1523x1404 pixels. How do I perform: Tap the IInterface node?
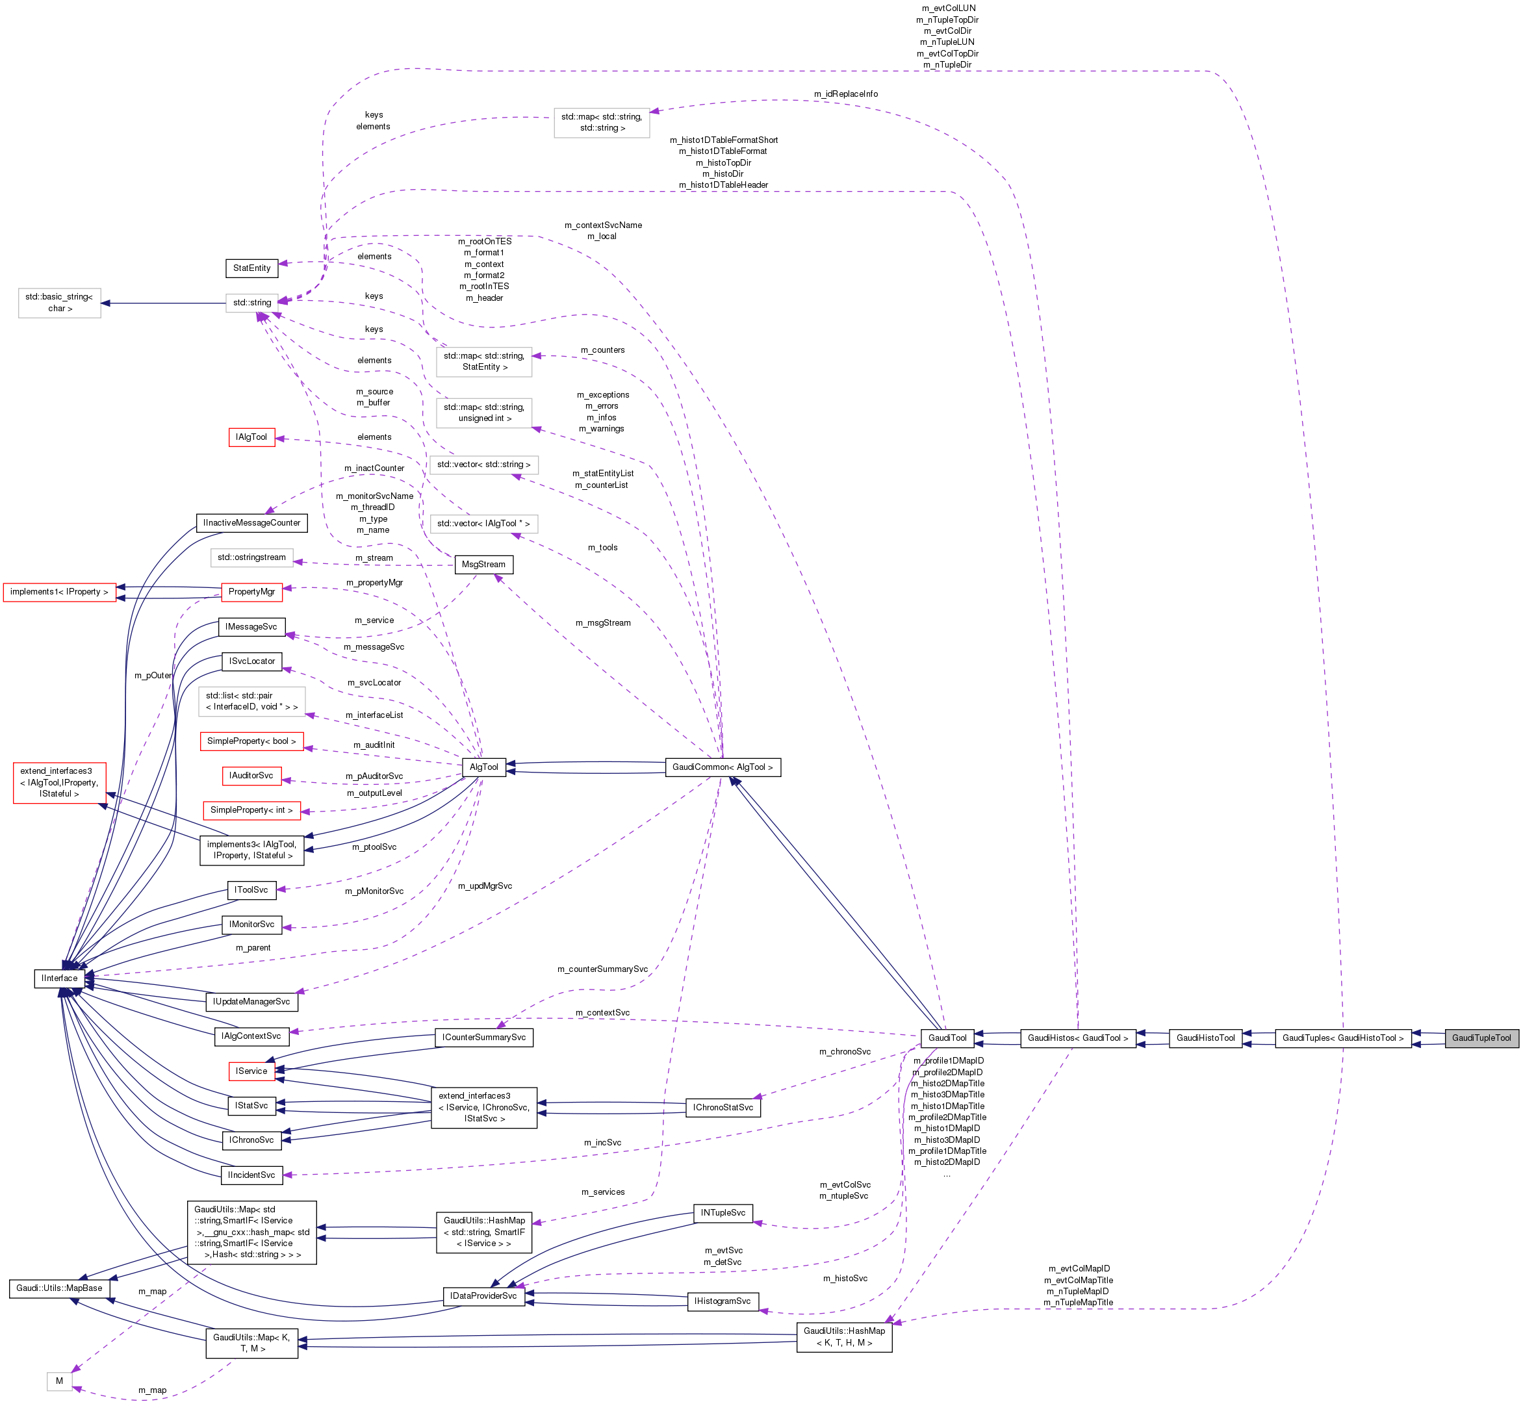[59, 978]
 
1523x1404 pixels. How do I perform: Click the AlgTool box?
[484, 767]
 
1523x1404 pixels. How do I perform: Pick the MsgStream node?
[483, 565]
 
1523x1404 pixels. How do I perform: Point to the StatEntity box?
[251, 268]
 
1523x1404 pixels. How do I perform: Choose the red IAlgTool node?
[251, 438]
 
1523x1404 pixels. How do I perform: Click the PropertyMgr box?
[251, 592]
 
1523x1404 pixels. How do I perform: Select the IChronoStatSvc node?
[723, 1108]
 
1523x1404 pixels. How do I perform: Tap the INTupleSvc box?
[723, 1212]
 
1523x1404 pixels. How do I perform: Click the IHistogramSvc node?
[723, 1301]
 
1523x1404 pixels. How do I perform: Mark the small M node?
[59, 1381]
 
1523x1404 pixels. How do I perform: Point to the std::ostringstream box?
[251, 557]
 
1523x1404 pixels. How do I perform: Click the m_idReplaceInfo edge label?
[845, 94]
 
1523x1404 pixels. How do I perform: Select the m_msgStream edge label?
[603, 623]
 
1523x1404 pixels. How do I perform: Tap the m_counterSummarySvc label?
[602, 969]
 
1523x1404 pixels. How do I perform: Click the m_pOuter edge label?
[153, 676]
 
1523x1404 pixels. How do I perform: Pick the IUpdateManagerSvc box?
[251, 1002]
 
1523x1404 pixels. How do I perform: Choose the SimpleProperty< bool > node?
[251, 741]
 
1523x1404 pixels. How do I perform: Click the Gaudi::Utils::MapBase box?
[59, 1288]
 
